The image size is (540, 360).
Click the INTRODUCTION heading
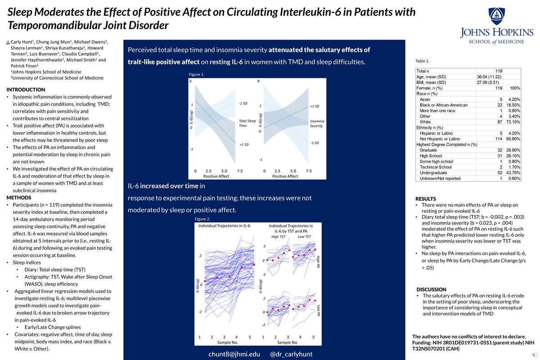point(26,90)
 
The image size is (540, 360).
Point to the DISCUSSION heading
point(432,289)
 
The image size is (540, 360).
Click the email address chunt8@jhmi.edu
point(234,354)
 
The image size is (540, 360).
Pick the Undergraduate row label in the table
point(434,173)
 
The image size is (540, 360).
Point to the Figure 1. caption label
point(198,74)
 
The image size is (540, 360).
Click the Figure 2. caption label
point(203,218)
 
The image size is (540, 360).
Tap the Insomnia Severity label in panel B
point(317,124)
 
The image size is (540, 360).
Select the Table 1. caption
point(425,61)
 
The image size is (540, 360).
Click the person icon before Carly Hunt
point(9,41)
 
